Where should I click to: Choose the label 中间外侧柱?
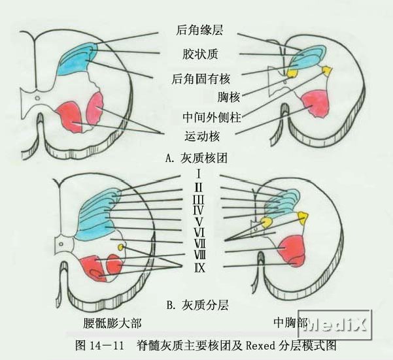[209, 118]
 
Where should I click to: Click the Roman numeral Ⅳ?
[198, 210]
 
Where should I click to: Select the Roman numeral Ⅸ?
[198, 267]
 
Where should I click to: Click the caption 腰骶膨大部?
[113, 323]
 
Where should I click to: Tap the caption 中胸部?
[290, 322]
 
